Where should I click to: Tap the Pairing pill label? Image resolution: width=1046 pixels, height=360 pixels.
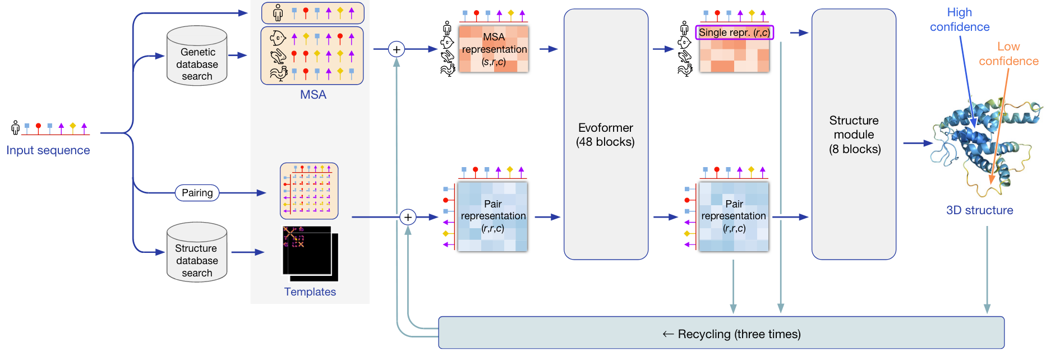(x=197, y=193)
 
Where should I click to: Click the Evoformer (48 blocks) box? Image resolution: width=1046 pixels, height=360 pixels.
(x=606, y=135)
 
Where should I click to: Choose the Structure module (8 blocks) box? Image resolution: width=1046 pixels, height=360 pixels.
(x=854, y=135)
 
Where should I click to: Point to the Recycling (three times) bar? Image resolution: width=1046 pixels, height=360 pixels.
(x=721, y=333)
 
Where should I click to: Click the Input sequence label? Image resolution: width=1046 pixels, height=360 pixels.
(x=48, y=150)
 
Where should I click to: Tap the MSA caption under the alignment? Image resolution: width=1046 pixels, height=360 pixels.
(x=313, y=95)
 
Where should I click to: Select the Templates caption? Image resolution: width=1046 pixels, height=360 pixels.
(x=310, y=292)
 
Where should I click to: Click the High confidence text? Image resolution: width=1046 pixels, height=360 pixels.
(x=960, y=20)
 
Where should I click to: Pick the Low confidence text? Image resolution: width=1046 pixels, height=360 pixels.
(x=1008, y=54)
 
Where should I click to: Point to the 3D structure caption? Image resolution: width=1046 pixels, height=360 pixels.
(x=979, y=210)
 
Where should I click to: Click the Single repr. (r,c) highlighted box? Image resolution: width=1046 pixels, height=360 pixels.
(x=734, y=33)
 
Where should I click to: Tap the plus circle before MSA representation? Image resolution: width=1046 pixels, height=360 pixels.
(x=397, y=49)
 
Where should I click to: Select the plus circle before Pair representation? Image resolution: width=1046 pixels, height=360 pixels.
(x=408, y=217)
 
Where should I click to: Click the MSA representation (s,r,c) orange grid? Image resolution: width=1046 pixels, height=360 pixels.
(x=494, y=49)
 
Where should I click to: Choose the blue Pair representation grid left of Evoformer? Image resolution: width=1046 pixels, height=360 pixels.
(x=492, y=216)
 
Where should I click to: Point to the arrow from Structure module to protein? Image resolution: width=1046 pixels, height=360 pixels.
(x=917, y=143)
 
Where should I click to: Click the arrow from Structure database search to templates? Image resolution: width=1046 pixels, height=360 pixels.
(x=247, y=252)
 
